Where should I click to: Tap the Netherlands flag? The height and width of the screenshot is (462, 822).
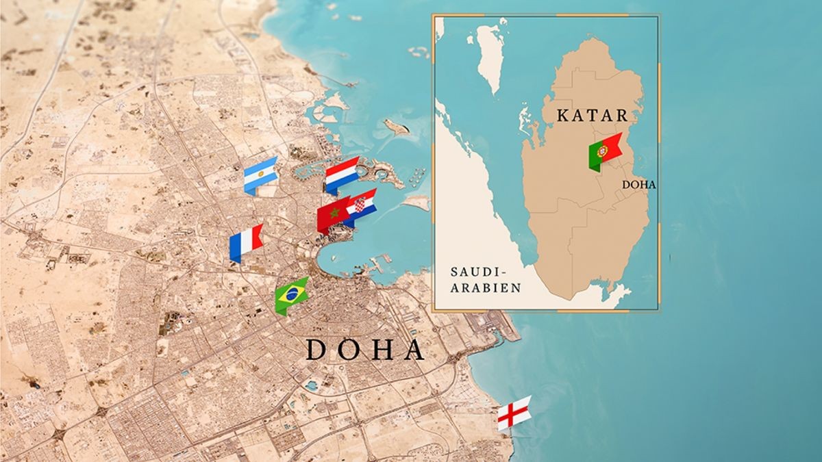coord(342,175)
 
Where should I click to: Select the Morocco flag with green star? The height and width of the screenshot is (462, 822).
coord(334,214)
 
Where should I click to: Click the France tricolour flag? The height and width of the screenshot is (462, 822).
coord(246,240)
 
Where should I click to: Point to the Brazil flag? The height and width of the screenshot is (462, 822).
coord(291,296)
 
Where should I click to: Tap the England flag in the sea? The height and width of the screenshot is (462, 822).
coord(514,412)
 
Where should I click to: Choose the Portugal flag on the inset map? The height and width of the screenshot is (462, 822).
coord(604,151)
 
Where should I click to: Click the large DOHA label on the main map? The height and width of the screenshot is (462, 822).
coord(364,350)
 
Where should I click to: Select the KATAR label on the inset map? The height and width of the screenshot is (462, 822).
coord(593,114)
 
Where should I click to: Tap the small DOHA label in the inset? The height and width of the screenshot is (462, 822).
coord(640,185)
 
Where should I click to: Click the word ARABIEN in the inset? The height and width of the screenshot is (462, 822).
coord(486,288)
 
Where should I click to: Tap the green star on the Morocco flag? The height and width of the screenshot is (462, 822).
coord(334,215)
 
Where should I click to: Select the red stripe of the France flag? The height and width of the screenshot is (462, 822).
coord(257,237)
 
